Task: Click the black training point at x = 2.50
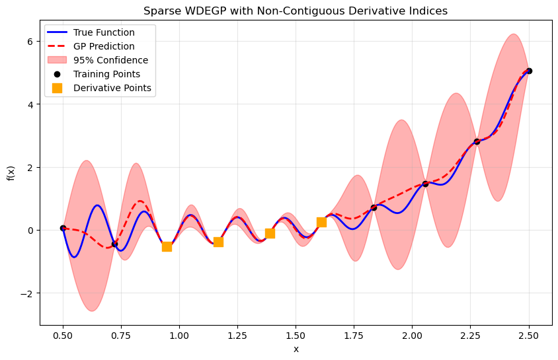point(529,71)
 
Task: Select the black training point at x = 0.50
point(63,228)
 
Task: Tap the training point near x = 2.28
point(477,141)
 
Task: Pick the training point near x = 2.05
point(425,184)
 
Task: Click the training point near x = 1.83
point(374,207)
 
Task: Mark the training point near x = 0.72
point(114,244)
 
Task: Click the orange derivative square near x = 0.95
point(167,246)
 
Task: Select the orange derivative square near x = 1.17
point(218,242)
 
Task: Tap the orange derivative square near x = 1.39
point(270,233)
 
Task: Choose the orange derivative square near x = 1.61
point(321,222)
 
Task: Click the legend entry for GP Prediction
point(104,46)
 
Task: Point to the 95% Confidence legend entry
point(110,60)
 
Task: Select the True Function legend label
point(104,32)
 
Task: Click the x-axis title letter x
point(296,349)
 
